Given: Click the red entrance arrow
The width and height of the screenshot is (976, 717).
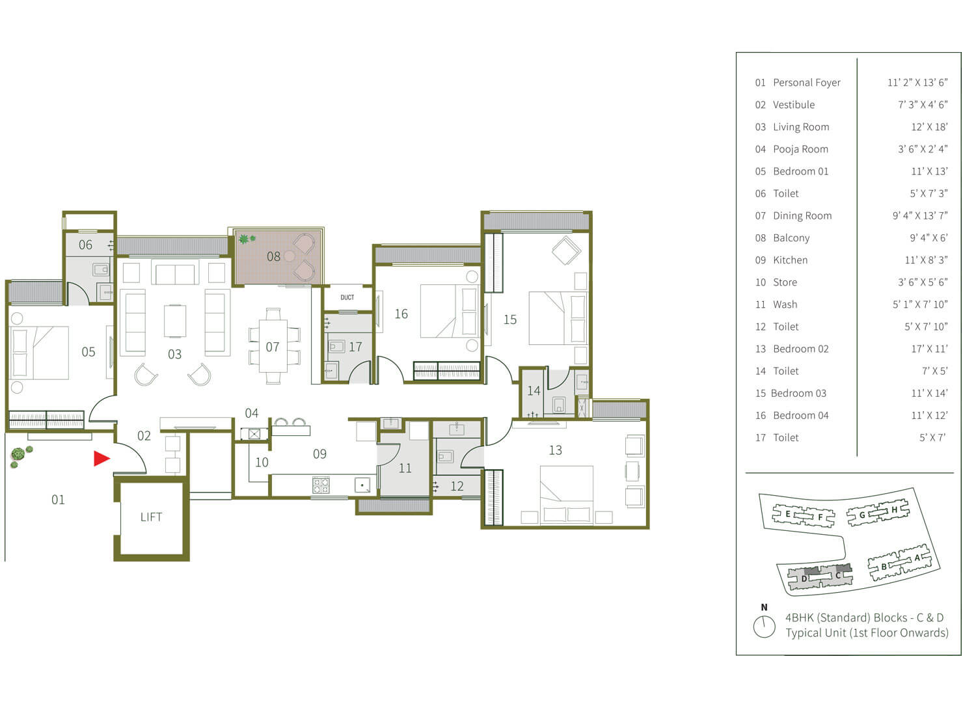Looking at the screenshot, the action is tap(101, 459).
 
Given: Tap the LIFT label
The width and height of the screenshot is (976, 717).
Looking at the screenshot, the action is tap(151, 517).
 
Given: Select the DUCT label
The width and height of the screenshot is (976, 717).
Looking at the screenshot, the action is tap(347, 297).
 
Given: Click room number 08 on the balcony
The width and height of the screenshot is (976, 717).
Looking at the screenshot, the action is tap(274, 256).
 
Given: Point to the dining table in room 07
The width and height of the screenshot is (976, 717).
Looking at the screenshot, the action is tap(273, 346).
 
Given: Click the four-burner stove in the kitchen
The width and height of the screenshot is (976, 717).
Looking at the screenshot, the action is tap(321, 485).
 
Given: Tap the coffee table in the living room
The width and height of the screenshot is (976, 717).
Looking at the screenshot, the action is tap(175, 321).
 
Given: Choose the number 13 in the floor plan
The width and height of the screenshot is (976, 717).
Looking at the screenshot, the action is tap(555, 450).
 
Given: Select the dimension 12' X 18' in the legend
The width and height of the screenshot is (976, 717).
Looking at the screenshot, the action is tap(929, 127).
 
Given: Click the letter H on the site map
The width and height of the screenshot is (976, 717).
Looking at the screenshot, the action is tap(894, 509).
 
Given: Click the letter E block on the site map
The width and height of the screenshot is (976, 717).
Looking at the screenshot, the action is tap(788, 514).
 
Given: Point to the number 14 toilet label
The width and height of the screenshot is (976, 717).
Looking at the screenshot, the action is tap(534, 391).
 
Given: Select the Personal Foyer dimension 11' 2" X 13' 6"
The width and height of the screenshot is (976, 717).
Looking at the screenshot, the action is tap(917, 83).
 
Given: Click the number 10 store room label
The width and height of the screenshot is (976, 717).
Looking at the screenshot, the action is tap(262, 463).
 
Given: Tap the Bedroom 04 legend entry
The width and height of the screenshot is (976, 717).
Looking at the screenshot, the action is tap(792, 416).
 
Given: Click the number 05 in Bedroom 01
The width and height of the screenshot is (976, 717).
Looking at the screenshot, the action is tap(88, 352).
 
